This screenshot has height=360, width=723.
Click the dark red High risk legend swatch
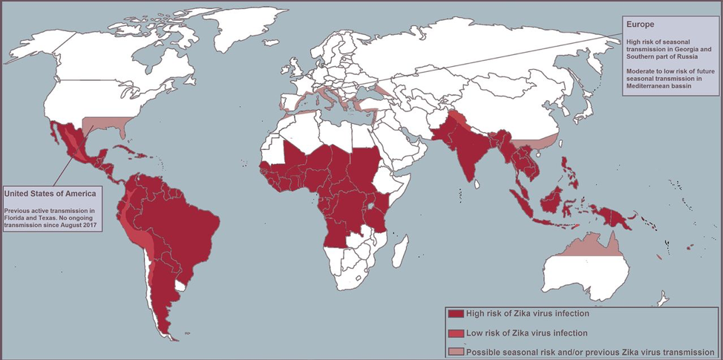pyautogui.click(x=455, y=314)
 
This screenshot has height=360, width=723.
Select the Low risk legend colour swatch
pyautogui.click(x=455, y=333)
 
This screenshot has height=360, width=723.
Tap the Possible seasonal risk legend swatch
pyautogui.click(x=455, y=351)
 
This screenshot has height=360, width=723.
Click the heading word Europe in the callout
pyautogui.click(x=641, y=24)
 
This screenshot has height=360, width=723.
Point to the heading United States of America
pyautogui.click(x=50, y=194)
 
